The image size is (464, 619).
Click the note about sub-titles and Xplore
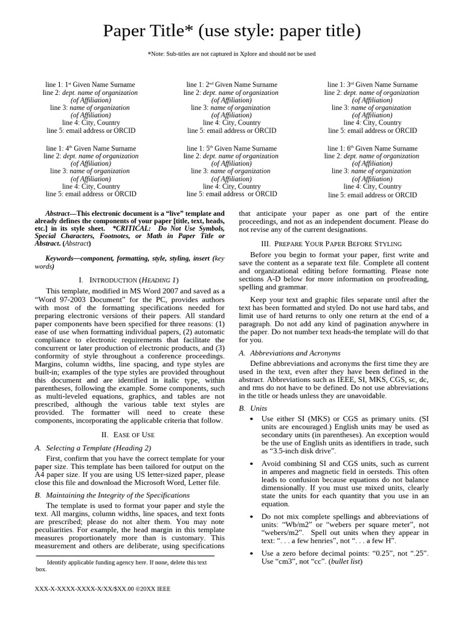click(x=232, y=54)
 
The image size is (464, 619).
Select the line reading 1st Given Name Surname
click(x=90, y=85)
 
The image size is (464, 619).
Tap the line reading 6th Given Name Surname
click(x=372, y=148)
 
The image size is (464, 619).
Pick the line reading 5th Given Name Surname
click(x=231, y=148)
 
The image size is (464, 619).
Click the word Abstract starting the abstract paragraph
click(x=59, y=213)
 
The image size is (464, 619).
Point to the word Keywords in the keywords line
click(x=62, y=259)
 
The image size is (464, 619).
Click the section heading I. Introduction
click(x=128, y=280)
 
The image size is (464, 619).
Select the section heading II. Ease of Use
click(x=128, y=435)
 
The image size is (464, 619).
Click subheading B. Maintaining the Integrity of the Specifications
click(x=113, y=494)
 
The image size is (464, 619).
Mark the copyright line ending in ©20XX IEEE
click(x=103, y=589)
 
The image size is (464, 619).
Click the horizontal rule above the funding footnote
click(x=125, y=556)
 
